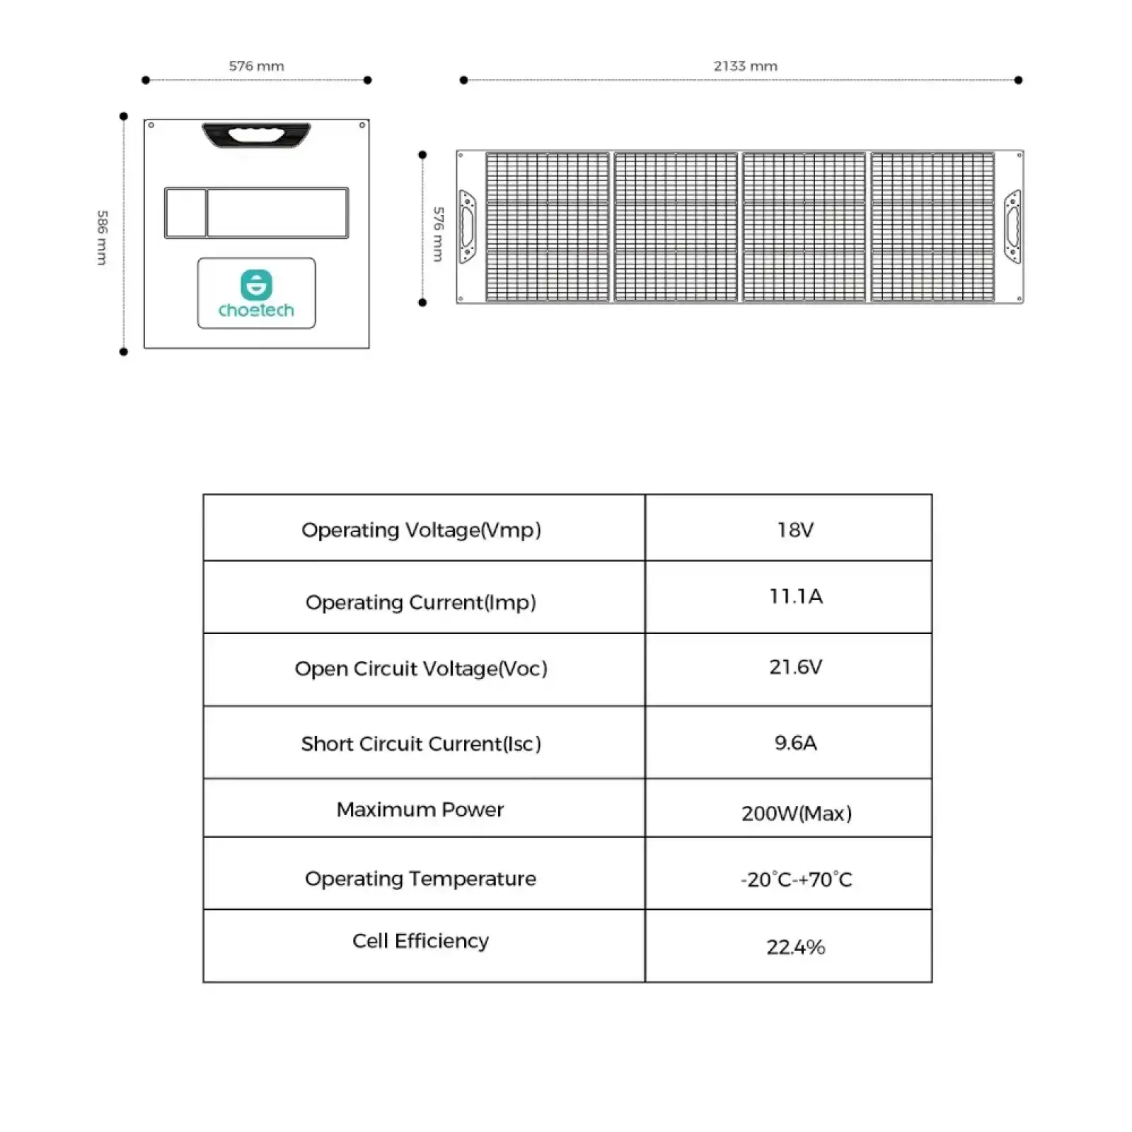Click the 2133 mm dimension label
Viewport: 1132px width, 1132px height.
(x=745, y=66)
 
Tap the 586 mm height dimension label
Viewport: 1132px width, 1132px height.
(x=103, y=237)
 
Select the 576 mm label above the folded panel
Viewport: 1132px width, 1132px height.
(x=256, y=66)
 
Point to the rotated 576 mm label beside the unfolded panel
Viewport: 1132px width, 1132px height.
(x=439, y=234)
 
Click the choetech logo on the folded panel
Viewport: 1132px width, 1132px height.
(x=256, y=294)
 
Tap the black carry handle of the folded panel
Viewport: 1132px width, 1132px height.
(x=256, y=135)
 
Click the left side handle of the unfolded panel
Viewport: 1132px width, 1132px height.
(x=468, y=226)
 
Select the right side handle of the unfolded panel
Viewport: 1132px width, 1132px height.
(x=1012, y=226)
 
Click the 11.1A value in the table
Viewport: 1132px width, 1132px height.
(x=796, y=596)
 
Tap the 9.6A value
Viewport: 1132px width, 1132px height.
(x=795, y=742)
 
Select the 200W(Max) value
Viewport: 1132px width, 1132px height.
(x=797, y=813)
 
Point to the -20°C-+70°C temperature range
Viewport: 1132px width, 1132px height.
(x=797, y=879)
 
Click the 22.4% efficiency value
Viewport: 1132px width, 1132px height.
(x=796, y=947)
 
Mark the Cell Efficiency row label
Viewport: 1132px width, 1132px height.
(x=420, y=941)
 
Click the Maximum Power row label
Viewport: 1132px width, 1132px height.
(x=420, y=809)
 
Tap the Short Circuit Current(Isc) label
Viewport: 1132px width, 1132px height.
(x=421, y=744)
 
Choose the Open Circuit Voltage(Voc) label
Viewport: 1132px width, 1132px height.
(x=421, y=669)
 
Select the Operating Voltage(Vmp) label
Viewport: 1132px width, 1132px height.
(x=421, y=530)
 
